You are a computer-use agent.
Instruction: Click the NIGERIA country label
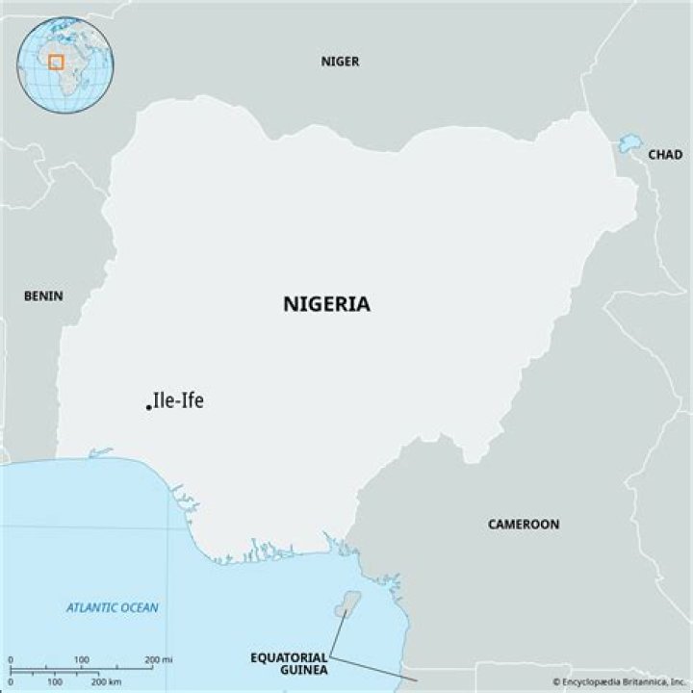tap(326, 304)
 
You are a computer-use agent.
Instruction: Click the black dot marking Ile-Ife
tap(148, 407)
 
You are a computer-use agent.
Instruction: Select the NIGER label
tap(340, 62)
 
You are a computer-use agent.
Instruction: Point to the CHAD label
tap(664, 154)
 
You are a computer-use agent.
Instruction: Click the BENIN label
tap(43, 295)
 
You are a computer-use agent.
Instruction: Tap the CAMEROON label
tap(523, 525)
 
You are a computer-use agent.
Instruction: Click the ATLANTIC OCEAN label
tap(113, 607)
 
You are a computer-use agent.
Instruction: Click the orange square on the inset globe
tap(56, 62)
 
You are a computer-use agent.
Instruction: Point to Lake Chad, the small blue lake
tap(629, 144)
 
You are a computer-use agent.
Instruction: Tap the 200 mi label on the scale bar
tap(158, 659)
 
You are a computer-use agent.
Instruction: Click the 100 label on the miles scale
tap(82, 659)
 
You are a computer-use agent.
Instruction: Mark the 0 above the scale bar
tap(11, 659)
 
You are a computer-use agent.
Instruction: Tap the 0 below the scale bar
tap(11, 680)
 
